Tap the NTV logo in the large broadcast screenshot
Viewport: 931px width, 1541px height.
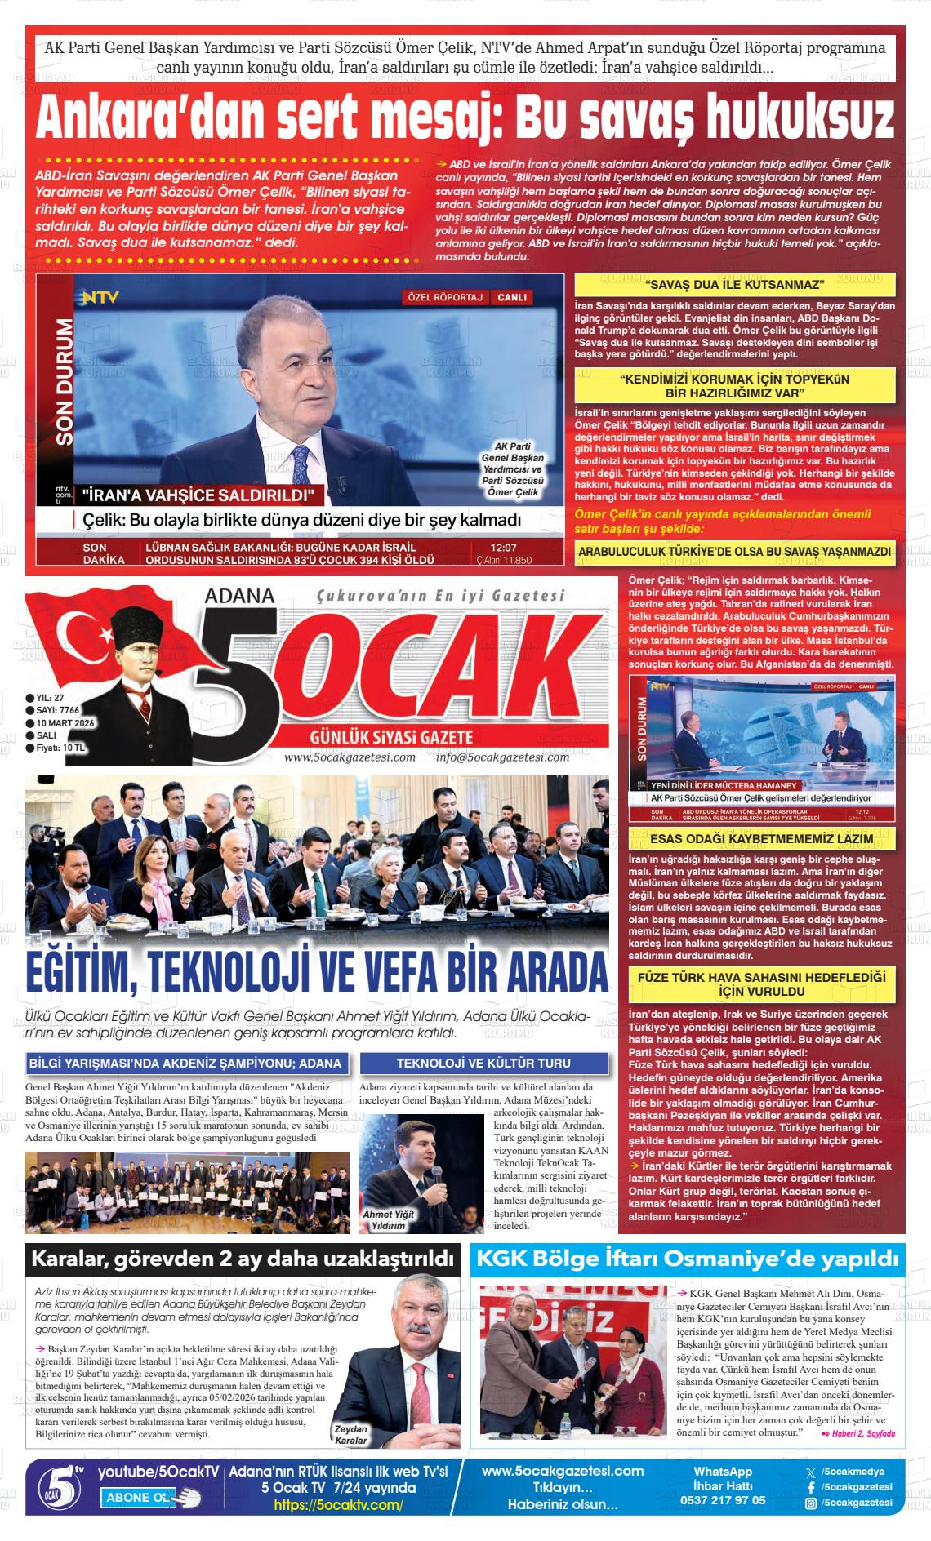pos(99,298)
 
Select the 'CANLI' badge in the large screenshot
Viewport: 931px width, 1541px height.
pos(512,297)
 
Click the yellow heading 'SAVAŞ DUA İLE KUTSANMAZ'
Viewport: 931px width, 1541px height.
pos(735,284)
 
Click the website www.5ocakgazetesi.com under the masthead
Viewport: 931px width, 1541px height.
pos(350,757)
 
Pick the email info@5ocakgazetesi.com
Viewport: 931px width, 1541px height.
pos(502,757)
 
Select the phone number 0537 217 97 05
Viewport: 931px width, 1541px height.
pos(723,1500)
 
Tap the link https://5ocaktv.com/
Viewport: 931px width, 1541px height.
pos(338,1505)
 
